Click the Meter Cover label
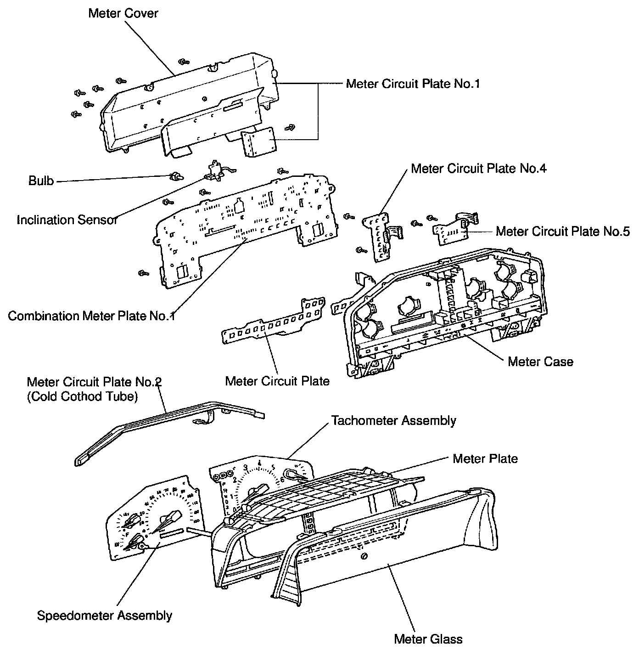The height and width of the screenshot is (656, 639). click(123, 13)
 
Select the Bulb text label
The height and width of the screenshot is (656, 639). click(41, 181)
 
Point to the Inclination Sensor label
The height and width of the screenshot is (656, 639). click(67, 220)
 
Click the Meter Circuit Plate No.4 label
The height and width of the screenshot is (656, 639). click(478, 169)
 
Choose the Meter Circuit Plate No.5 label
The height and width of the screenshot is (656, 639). click(562, 231)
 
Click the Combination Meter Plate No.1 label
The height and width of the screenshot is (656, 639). click(91, 316)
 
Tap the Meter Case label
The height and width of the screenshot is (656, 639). click(540, 362)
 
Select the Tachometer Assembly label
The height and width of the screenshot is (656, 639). click(393, 420)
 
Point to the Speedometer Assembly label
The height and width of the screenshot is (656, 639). click(105, 616)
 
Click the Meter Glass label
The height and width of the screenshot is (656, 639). click(428, 639)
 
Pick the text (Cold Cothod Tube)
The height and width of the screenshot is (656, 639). click(82, 396)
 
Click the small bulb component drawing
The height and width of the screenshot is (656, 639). click(175, 176)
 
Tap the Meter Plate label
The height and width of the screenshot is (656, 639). click(485, 458)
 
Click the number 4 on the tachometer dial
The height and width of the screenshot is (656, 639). click(260, 463)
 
